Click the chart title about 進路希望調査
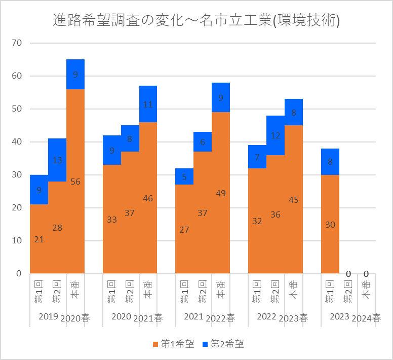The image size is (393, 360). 196,21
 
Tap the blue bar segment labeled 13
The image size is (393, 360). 57,160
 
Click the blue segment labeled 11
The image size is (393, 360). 148,104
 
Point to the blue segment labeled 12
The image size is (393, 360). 276,135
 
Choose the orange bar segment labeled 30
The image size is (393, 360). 330,224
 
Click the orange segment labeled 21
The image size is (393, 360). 39,239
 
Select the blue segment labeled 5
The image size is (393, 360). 184,176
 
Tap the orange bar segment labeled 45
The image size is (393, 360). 294,199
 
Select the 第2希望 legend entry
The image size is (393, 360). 223,344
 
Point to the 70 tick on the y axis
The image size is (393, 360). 17,43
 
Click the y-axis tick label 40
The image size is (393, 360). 17,142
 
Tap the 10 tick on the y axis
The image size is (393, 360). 17,241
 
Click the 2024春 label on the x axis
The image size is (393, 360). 367,318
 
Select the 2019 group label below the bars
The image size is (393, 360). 48,316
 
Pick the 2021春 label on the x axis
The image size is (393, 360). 148,318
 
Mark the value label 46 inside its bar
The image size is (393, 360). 148,199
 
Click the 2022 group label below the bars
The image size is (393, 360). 266,316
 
